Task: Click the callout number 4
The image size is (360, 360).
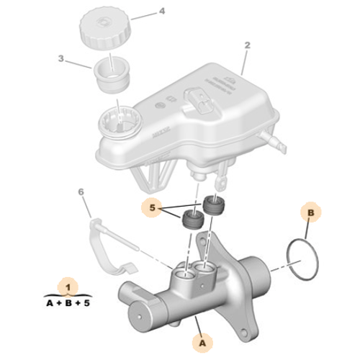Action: click(x=162, y=12)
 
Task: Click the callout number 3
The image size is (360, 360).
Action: click(x=63, y=58)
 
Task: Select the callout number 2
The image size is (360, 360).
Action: click(x=247, y=45)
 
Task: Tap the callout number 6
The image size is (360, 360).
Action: click(x=81, y=192)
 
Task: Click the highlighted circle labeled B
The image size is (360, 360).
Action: click(x=310, y=214)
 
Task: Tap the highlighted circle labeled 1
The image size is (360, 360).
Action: click(x=68, y=286)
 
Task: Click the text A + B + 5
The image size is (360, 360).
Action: click(x=69, y=304)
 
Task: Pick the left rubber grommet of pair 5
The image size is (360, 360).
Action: click(x=191, y=220)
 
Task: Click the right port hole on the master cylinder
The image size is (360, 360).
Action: click(x=206, y=271)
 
